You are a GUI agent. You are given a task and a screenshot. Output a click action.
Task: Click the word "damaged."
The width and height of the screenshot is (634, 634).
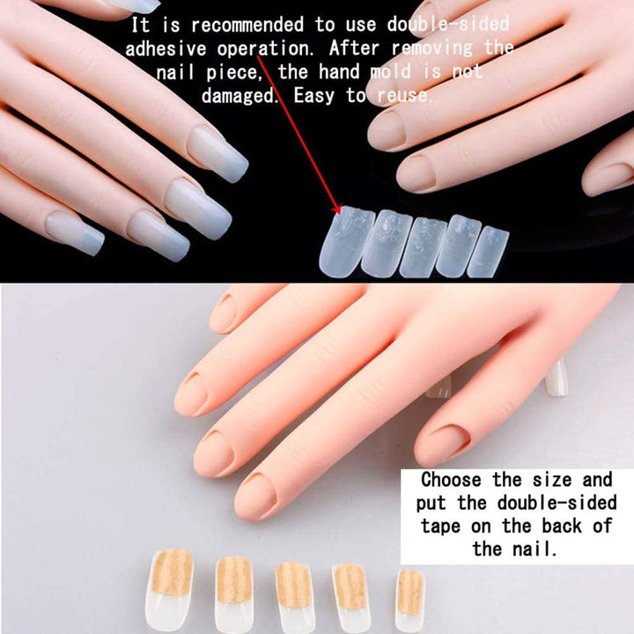(x=240, y=95)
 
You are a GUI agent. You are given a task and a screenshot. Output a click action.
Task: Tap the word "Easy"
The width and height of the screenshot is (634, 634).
(x=314, y=95)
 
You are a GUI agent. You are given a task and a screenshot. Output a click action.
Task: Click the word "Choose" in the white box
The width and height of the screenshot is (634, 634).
(x=451, y=481)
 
